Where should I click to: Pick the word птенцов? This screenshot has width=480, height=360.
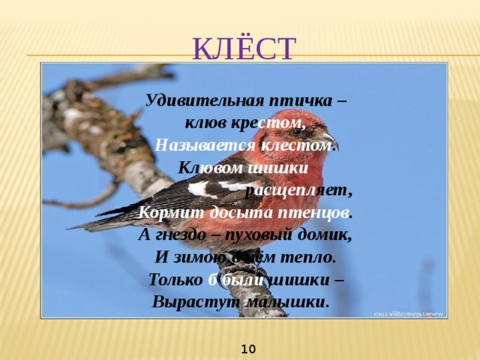pyautogui.click(x=312, y=211)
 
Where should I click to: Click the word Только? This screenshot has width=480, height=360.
pyautogui.click(x=175, y=279)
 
